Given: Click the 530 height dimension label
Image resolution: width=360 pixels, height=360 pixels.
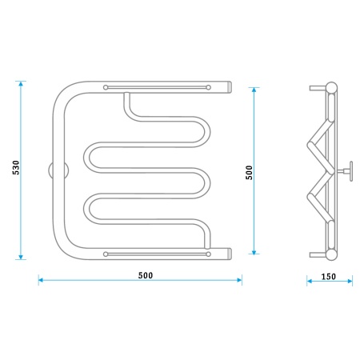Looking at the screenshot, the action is coord(16,167).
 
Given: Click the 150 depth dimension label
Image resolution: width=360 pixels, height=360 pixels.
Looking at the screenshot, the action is coord(329,277).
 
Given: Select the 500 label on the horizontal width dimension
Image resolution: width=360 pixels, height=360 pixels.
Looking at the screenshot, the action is coord(146,275).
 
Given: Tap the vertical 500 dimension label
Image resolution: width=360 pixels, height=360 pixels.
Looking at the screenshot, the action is coord(249,172).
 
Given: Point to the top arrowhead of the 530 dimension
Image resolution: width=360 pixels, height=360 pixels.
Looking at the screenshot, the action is coord(21,83).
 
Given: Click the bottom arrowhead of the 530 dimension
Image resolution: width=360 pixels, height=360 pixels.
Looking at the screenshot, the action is coord(21,257).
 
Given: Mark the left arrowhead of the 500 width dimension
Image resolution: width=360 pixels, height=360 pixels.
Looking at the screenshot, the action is coord(41,280).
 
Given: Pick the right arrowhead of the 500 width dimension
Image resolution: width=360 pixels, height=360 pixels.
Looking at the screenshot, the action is coord(239,280).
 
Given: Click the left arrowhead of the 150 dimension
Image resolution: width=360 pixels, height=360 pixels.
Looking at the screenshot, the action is coord(310,281).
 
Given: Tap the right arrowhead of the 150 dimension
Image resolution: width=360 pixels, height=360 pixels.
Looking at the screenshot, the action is coord(350,281).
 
